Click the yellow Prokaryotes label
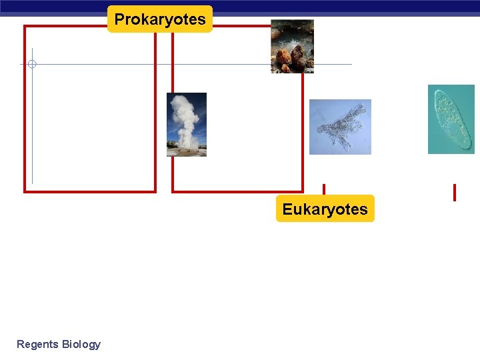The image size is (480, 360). click(160, 19)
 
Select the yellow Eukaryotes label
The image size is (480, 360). click(325, 209)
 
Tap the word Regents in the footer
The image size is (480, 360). click(37, 344)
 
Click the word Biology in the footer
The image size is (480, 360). click(81, 344)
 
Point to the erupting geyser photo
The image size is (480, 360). click(187, 125)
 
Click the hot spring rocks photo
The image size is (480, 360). click(292, 46)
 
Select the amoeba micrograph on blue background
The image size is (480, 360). click(340, 127)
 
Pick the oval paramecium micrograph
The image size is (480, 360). click(451, 119)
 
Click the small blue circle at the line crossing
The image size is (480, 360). click(32, 64)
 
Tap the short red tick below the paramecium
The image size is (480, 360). click(454, 193)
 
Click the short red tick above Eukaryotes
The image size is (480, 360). click(324, 189)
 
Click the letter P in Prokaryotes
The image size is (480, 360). click(119, 19)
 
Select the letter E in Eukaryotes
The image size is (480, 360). click(287, 209)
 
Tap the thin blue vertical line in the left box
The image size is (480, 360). click(32, 133)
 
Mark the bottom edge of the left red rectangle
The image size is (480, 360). click(90, 192)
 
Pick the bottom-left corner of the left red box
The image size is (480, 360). click(25, 192)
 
